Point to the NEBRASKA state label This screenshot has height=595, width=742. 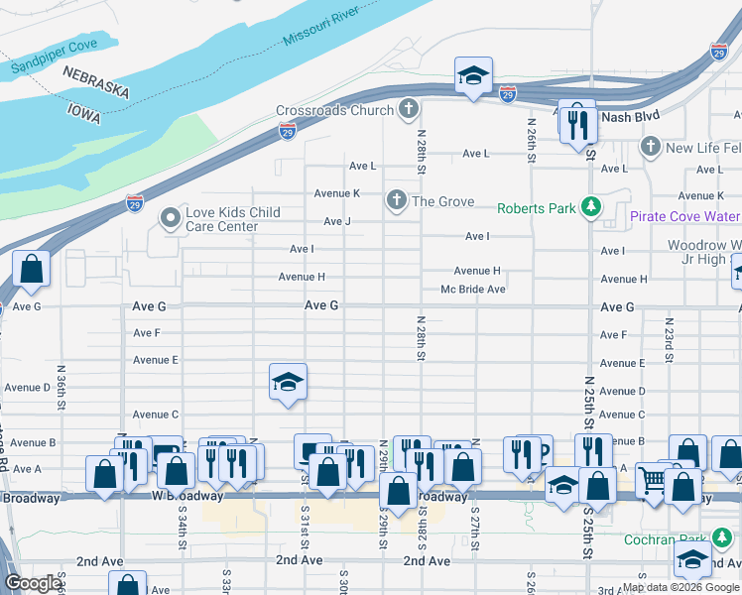pyautogui.click(x=96, y=82)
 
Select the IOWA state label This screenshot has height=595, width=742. pyautogui.click(x=84, y=112)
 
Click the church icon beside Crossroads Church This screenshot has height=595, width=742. pyautogui.click(x=408, y=109)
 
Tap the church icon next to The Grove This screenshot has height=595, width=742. pyautogui.click(x=396, y=201)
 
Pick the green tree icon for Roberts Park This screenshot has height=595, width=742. pyautogui.click(x=591, y=207)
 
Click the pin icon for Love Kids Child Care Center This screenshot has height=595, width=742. pyautogui.click(x=170, y=217)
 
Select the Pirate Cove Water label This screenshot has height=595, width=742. pyautogui.click(x=684, y=215)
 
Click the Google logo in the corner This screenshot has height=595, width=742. pyautogui.click(x=33, y=583)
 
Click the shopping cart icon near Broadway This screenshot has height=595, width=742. pyautogui.click(x=653, y=479)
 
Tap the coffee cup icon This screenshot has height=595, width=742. pyautogui.click(x=534, y=451)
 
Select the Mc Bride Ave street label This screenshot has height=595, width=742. pyautogui.click(x=473, y=290)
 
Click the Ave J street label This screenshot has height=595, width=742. pyautogui.click(x=337, y=221)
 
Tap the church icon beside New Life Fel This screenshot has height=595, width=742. pyautogui.click(x=650, y=148)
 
